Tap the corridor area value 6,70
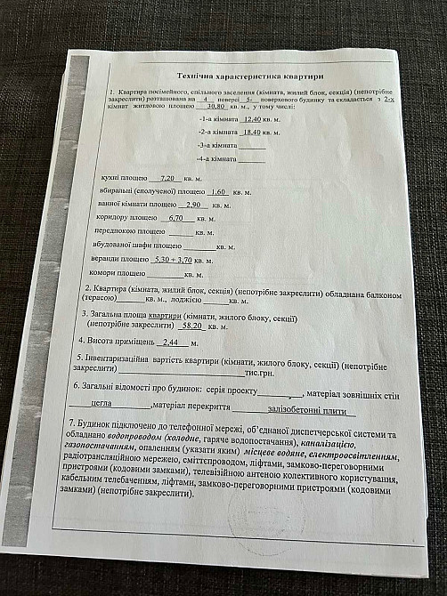click(x=175, y=217)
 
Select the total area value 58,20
click(x=192, y=326)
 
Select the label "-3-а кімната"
click(x=217, y=145)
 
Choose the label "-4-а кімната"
click(x=217, y=158)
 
